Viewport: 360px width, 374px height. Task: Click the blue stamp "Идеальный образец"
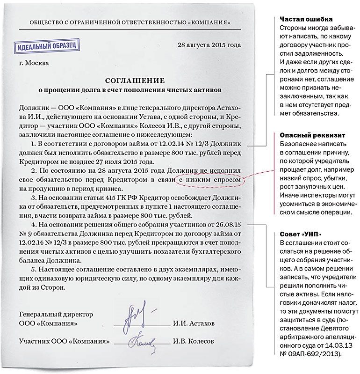pos(44,47)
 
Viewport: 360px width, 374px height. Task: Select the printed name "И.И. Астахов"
pos(194,324)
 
